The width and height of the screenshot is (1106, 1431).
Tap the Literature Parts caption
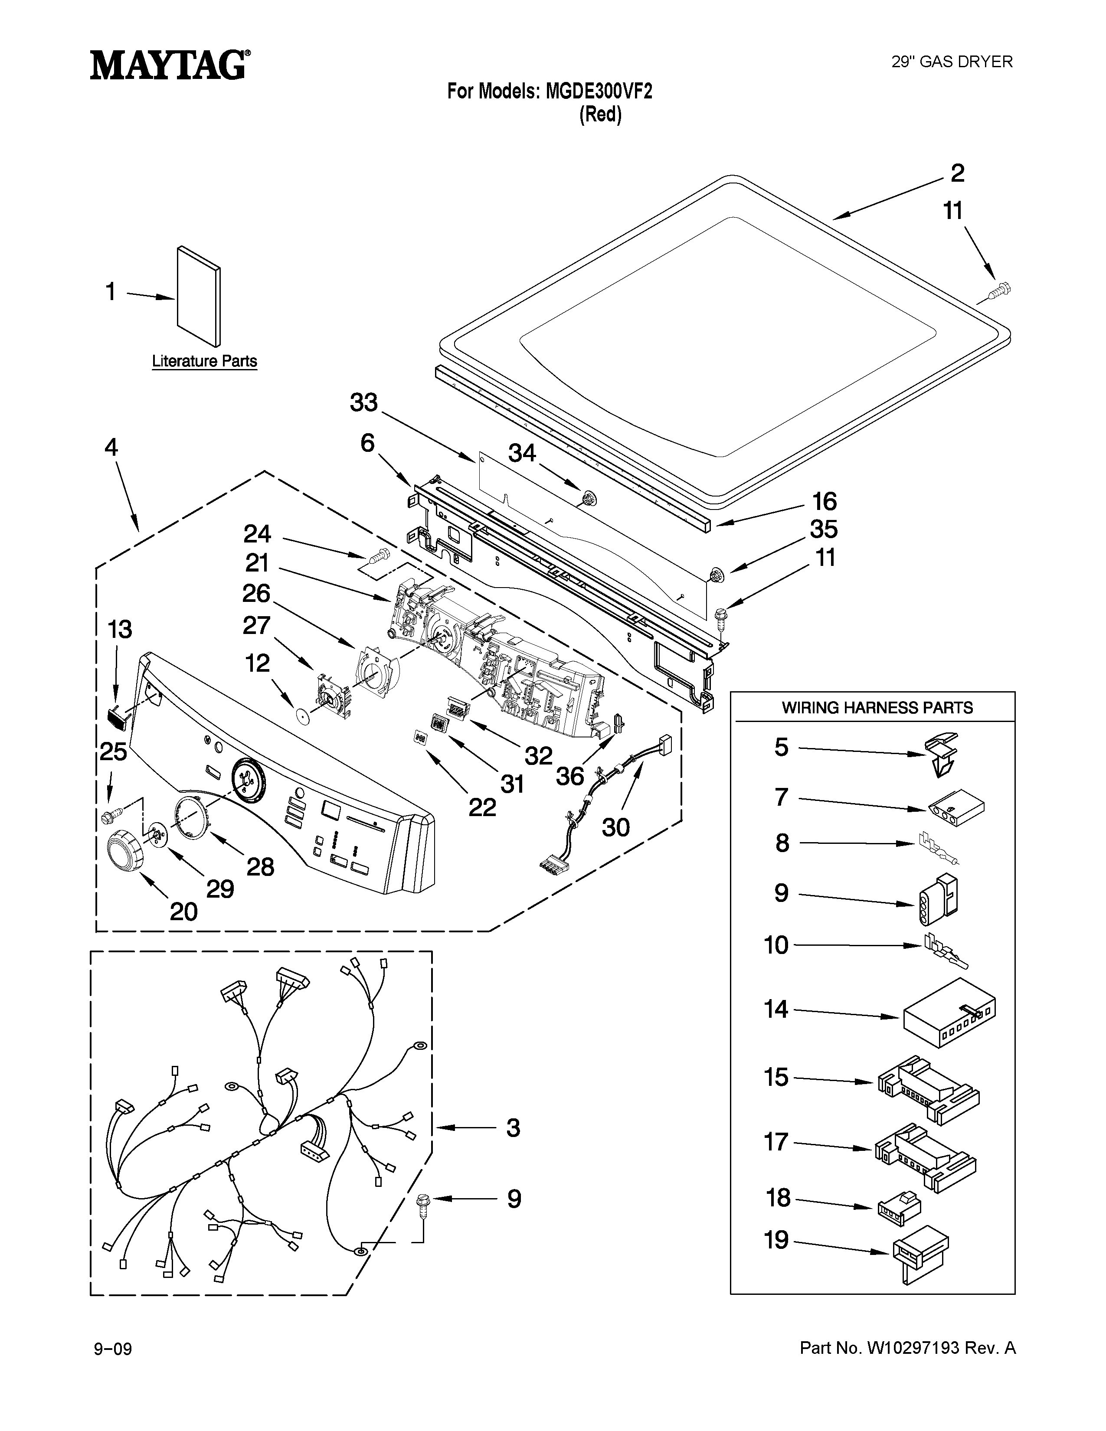click(x=204, y=361)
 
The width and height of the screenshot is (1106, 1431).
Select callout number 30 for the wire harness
click(x=616, y=827)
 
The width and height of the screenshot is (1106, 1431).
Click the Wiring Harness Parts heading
click(x=877, y=708)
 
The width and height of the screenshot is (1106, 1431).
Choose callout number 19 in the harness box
click(x=776, y=1240)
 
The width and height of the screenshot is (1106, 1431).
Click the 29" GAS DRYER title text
click(x=952, y=62)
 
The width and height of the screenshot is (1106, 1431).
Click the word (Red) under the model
click(x=600, y=114)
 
